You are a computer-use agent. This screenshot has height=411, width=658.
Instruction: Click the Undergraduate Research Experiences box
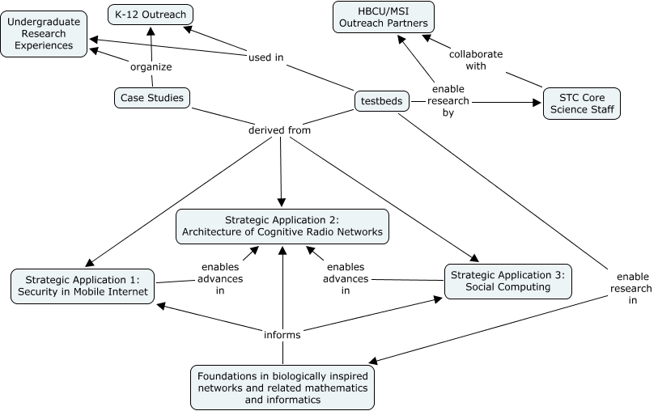pyautogui.click(x=45, y=34)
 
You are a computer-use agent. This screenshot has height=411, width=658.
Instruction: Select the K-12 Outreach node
pyautogui.click(x=151, y=14)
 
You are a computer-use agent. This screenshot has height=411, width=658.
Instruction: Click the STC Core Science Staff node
pyautogui.click(x=581, y=104)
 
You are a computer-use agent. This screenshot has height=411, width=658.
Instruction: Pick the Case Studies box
pyautogui.click(x=152, y=98)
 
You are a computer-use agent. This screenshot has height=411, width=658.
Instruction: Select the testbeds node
pyautogui.click(x=381, y=101)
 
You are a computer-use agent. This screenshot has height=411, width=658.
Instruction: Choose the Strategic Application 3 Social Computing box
pyautogui.click(x=507, y=281)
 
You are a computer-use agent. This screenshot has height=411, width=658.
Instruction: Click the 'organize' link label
pyautogui.click(x=151, y=67)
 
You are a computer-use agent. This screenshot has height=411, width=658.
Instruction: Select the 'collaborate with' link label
pyautogui.click(x=476, y=60)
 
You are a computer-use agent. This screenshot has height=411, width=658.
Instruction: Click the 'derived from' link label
pyautogui.click(x=280, y=129)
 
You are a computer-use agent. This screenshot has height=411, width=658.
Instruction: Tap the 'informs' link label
pyautogui.click(x=282, y=334)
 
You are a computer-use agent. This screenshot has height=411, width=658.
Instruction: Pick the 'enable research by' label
pyautogui.click(x=449, y=101)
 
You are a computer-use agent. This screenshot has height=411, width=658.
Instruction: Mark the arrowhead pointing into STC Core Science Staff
pyautogui.click(x=536, y=103)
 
